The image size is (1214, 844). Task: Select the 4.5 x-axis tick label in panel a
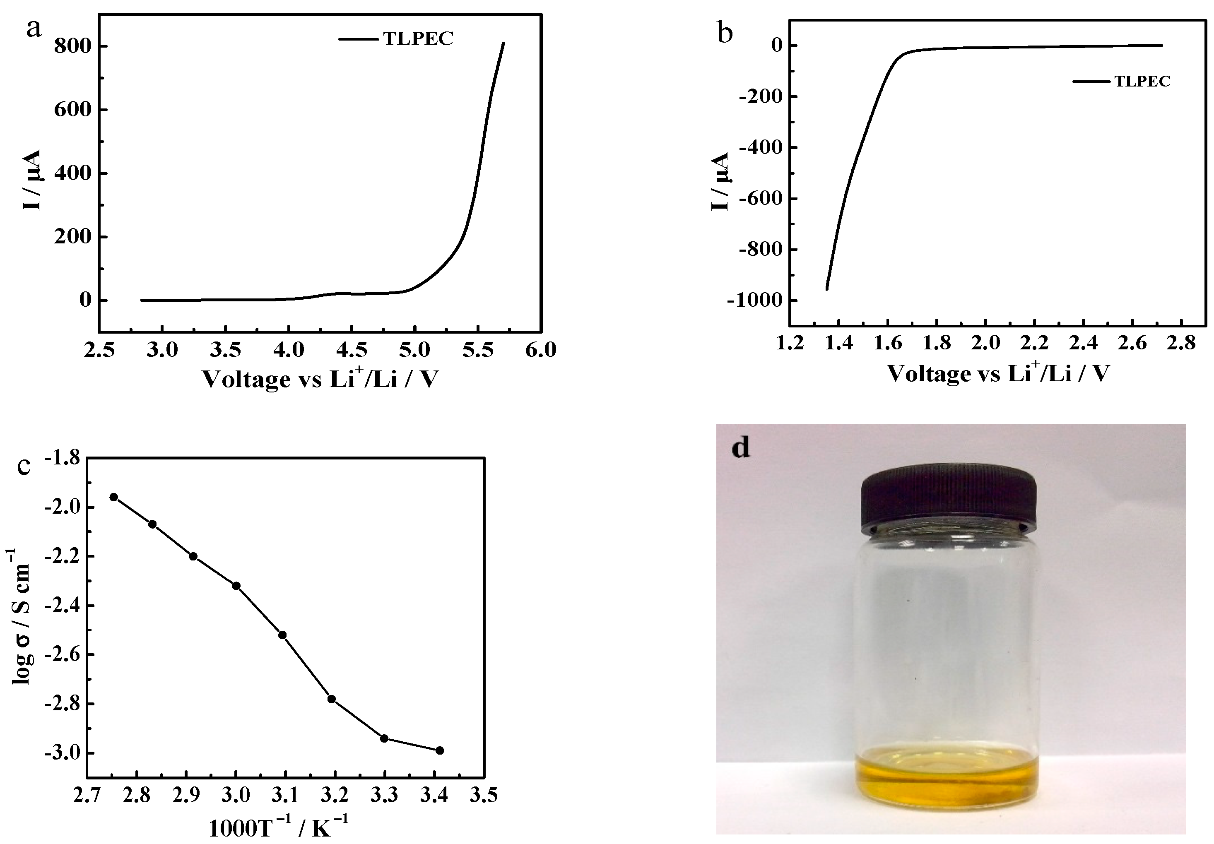click(x=351, y=349)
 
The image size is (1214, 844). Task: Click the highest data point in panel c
click(x=114, y=497)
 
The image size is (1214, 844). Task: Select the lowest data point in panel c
click(x=439, y=750)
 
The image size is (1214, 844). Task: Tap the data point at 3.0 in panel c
click(x=236, y=586)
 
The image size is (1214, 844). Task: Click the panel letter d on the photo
click(x=741, y=447)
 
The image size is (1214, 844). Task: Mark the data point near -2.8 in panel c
click(x=332, y=699)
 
